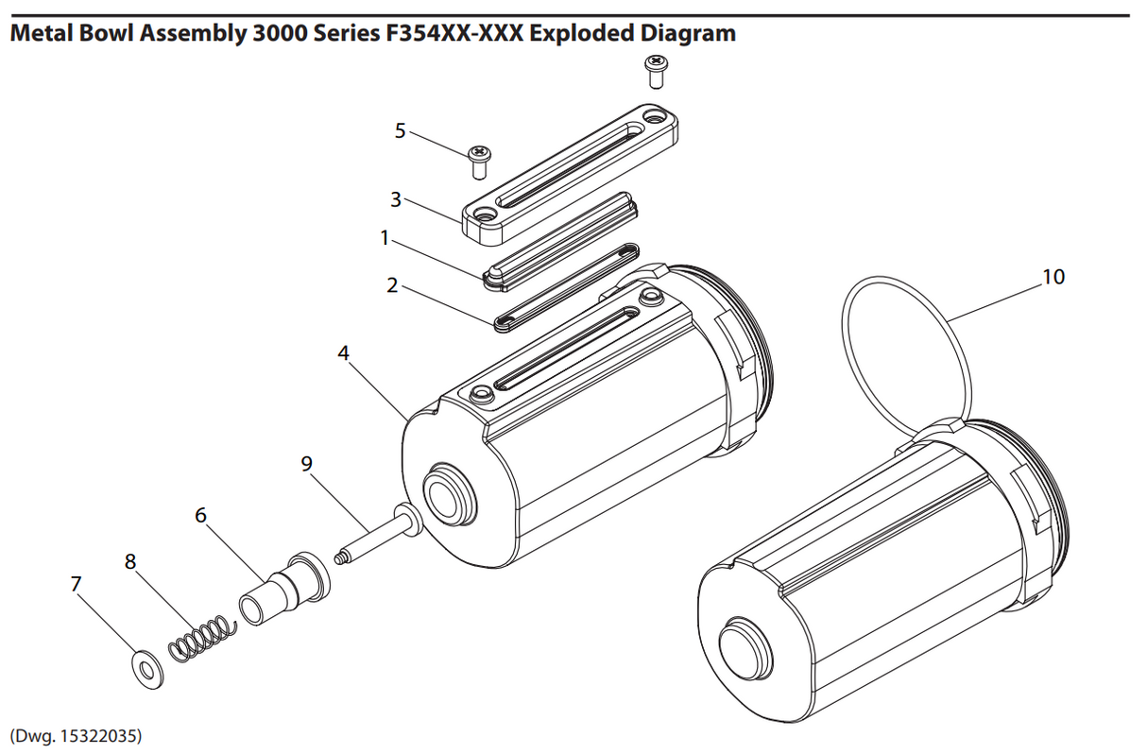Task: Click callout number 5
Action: pos(400,130)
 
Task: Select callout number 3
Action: pos(396,199)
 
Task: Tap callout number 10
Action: pos(1053,277)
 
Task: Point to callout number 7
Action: pos(77,584)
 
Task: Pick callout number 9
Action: pos(305,463)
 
